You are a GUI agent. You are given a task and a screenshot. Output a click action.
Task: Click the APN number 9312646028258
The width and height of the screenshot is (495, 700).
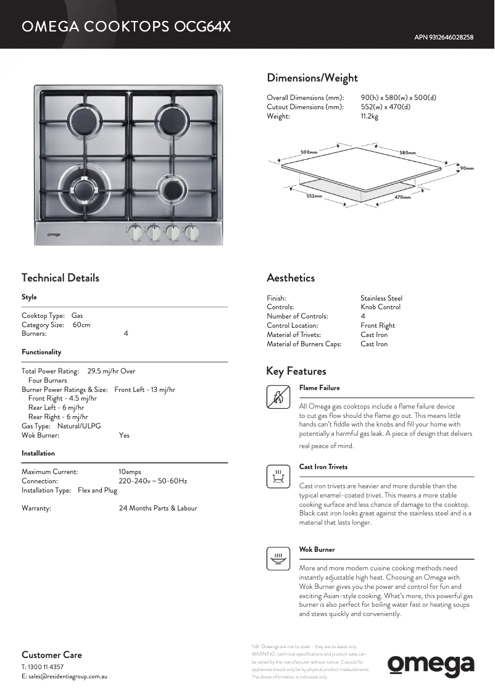(x=444, y=37)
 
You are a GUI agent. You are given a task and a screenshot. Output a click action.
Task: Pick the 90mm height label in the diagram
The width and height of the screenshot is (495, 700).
(x=467, y=168)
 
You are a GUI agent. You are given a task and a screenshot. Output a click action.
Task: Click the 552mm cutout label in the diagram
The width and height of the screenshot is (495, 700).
(x=314, y=196)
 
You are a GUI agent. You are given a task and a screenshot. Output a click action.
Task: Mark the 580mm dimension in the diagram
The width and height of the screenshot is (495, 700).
(x=407, y=152)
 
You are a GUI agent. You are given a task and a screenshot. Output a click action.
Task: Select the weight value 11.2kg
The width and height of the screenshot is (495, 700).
(x=370, y=117)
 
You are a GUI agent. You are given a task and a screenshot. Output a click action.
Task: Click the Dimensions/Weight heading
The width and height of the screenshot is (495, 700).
(x=312, y=78)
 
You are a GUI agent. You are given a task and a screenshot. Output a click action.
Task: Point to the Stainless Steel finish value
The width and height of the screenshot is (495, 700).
(x=381, y=298)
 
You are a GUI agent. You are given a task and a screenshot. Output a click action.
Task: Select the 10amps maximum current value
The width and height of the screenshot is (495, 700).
(x=130, y=472)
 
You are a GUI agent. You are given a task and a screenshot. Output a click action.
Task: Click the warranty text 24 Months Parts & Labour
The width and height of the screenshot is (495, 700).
(x=158, y=508)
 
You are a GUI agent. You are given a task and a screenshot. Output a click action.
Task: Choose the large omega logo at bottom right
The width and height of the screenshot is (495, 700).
(x=431, y=665)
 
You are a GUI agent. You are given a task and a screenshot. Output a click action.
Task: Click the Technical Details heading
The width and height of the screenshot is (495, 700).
(x=60, y=278)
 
